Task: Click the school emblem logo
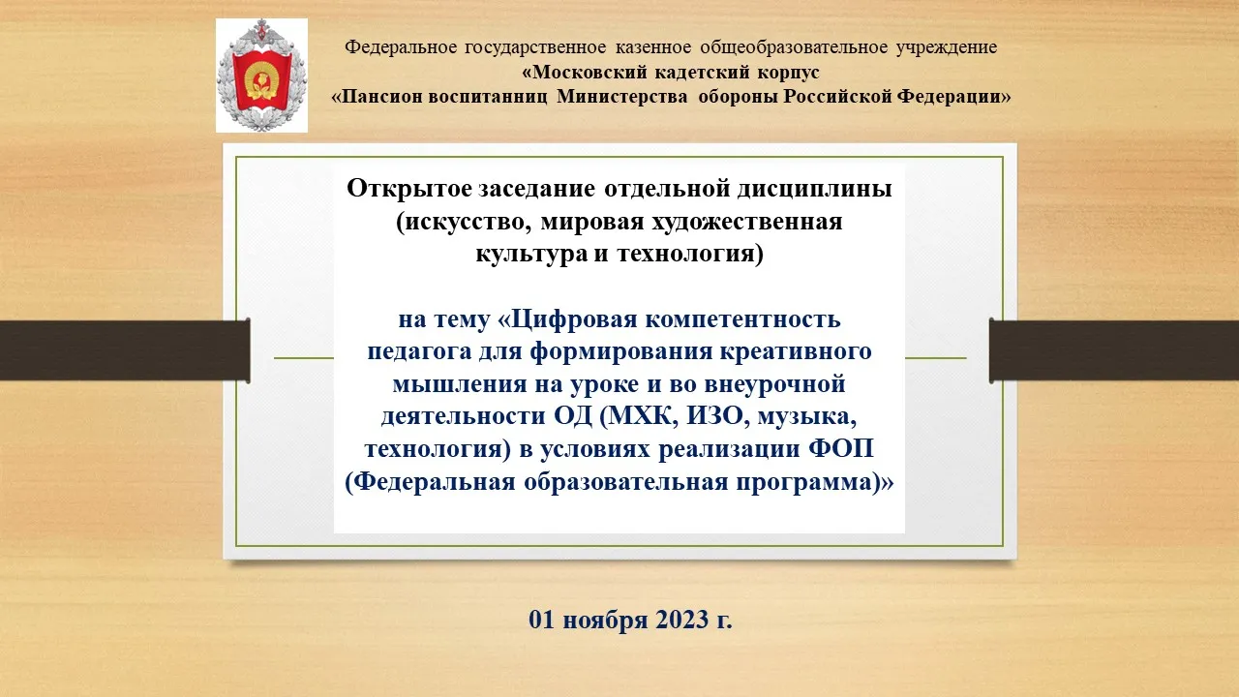tap(261, 76)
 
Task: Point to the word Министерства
tap(622, 97)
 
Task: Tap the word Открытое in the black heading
tap(409, 189)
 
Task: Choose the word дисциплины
tap(814, 189)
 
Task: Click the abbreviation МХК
tap(643, 416)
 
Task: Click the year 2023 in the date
tap(682, 620)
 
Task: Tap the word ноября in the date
tap(605, 621)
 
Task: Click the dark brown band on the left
tap(125, 350)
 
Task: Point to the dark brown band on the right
tap(1114, 350)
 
